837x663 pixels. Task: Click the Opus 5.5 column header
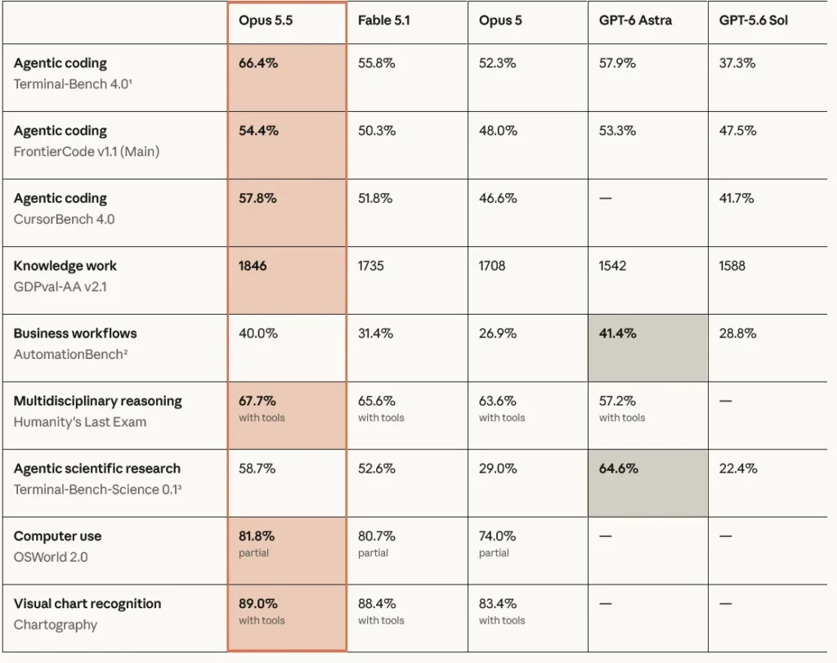[x=266, y=20]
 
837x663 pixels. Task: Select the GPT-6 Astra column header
[x=635, y=20]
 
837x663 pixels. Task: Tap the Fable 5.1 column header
[x=384, y=20]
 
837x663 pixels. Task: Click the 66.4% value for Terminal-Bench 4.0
[x=258, y=63]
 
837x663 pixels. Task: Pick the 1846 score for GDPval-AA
[x=253, y=266]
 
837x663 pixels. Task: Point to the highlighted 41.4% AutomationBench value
[x=618, y=334]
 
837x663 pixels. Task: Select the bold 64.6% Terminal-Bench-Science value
[x=619, y=468]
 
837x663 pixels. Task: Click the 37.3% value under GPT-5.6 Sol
[x=737, y=63]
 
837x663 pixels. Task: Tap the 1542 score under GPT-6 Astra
[x=613, y=266]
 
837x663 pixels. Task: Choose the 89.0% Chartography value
[x=257, y=604]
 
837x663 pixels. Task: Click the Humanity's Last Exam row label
[x=80, y=423]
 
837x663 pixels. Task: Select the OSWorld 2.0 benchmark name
[x=51, y=558]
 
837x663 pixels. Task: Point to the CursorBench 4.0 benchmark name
[x=64, y=219]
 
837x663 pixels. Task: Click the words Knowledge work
[x=65, y=266]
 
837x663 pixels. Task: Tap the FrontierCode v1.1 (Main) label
[x=87, y=151]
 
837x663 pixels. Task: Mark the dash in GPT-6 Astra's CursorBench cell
[x=606, y=199]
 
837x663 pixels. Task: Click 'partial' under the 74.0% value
[x=494, y=553]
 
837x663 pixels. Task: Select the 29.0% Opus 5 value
[x=498, y=468]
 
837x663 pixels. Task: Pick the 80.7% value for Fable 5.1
[x=377, y=536]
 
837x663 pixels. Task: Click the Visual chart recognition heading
[x=87, y=604]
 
